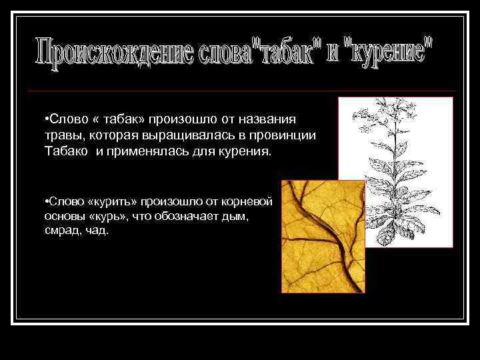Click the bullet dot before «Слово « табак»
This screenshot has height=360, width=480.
(41, 119)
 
